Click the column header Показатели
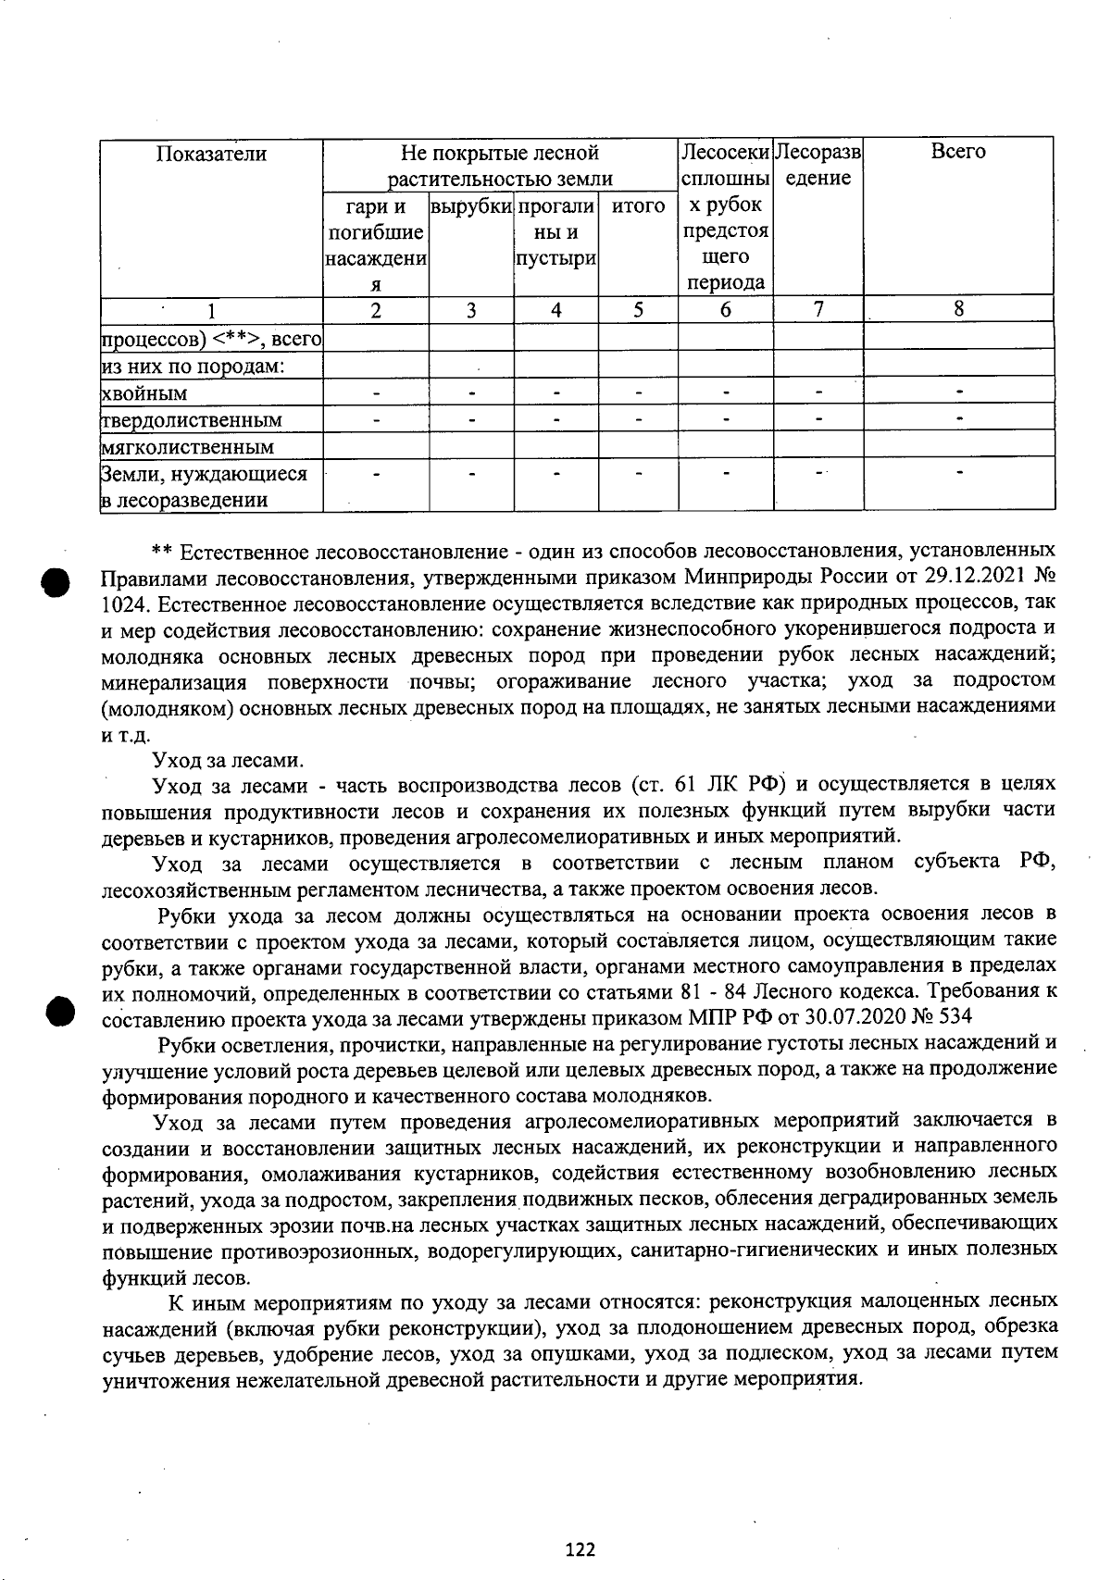[211, 154]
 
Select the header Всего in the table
[958, 152]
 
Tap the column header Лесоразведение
[818, 165]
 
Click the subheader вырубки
[471, 206]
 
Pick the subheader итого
[638, 206]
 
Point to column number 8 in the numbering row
[958, 310]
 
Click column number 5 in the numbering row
[638, 310]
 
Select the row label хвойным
[144, 393]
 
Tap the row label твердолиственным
[191, 420]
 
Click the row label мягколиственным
[187, 447]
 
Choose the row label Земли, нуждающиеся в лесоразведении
[204, 487]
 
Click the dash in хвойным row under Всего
[960, 392]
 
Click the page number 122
[580, 1549]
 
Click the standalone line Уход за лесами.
[228, 761]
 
